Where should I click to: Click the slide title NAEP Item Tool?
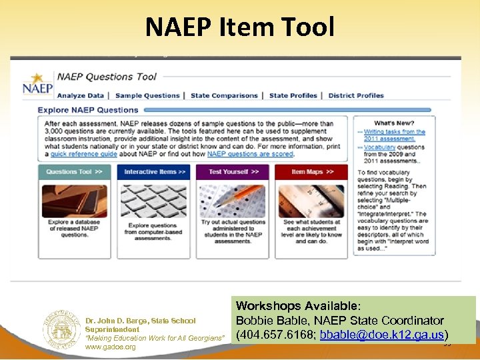pos(240,27)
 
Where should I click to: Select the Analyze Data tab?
pos(81,95)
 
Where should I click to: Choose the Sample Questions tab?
pos(147,95)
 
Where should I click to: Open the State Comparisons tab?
pos(224,95)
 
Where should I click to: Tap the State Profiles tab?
pos(293,95)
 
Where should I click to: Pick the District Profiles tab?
pos(356,95)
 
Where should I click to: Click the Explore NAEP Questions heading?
pos(88,110)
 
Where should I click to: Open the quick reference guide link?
pos(83,154)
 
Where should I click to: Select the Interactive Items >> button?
pos(155,172)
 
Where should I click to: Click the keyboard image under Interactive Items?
pos(154,201)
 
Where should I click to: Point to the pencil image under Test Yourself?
pos(233,201)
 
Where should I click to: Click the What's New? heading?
pos(394,123)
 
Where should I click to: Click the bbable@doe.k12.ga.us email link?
pos(381,334)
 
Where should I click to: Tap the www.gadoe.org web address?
pos(110,347)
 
